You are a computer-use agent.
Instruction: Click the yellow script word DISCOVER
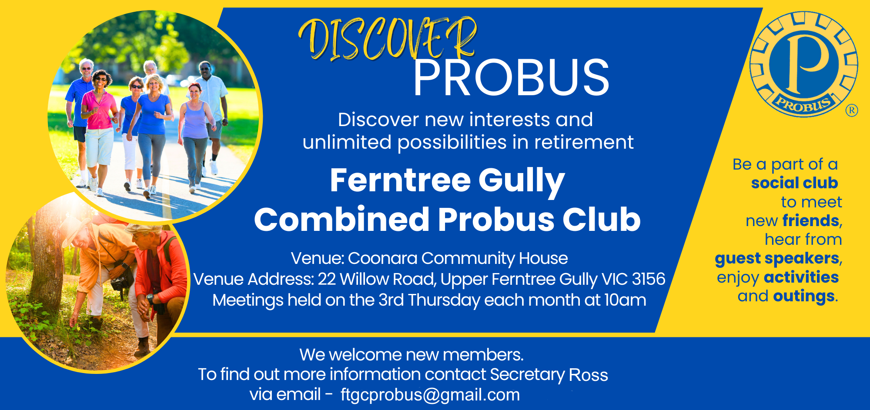tap(387, 39)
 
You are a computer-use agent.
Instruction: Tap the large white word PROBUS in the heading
tap(511, 78)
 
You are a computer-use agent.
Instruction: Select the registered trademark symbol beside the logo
tap(852, 110)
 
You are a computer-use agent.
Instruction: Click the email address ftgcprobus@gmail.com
tap(430, 395)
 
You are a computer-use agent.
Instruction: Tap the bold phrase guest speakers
tap(777, 259)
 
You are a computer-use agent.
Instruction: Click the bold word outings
tap(804, 297)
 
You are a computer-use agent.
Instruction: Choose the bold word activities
tap(801, 277)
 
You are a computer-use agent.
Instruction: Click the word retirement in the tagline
tap(584, 143)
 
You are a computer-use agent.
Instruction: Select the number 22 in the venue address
tap(327, 279)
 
